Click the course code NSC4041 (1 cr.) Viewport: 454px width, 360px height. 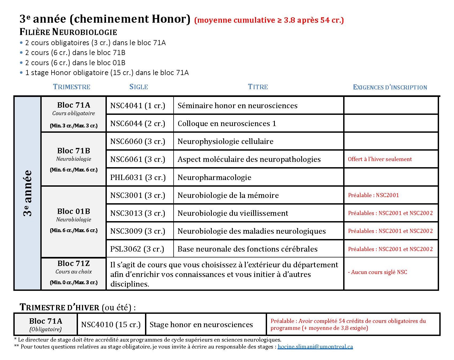pos(138,106)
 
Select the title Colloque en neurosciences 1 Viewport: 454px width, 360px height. pos(226,124)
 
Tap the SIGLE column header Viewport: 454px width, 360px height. pos(139,87)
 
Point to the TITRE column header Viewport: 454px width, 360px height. pos(258,87)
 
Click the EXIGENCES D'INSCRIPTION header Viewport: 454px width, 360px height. pos(390,87)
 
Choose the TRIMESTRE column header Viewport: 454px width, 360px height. pos(72,87)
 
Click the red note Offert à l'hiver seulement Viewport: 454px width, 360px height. pos(379,159)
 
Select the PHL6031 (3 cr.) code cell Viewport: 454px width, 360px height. pos(138,178)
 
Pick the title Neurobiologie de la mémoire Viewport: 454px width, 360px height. pos(228,195)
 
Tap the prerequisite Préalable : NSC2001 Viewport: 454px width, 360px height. pos(373,195)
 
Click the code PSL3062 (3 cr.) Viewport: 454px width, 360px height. pos(137,249)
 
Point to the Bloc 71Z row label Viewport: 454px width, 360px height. pos(73,264)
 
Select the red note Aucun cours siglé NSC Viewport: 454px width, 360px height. pos(377,272)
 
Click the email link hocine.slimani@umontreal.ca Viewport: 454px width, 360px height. pos(315,347)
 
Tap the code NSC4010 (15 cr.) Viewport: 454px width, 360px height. pos(111,325)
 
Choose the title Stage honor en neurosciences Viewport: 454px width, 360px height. pos(201,325)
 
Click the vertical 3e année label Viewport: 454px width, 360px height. pos(28,193)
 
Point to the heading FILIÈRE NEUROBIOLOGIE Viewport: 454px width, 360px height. pos(68,32)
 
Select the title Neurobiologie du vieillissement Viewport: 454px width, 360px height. pos(233,213)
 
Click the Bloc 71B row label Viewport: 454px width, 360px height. pos(73,151)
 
